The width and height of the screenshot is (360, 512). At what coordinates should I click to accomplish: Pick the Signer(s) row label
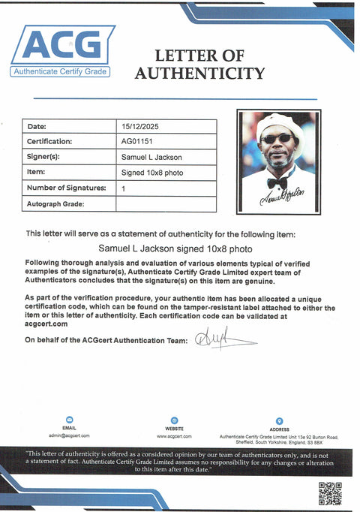[43, 157]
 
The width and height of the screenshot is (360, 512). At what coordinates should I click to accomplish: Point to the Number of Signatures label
[63, 188]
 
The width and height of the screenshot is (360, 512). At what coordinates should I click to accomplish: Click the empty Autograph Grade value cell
[166, 203]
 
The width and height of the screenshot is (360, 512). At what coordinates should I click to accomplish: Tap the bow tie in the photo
[277, 182]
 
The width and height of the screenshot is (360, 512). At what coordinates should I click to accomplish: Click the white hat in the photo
[278, 124]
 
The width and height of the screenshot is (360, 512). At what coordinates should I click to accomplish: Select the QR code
[329, 493]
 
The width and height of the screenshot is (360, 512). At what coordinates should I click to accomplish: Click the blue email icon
[69, 420]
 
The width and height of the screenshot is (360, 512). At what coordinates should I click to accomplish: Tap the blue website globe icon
[174, 420]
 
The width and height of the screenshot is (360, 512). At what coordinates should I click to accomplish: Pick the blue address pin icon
[279, 420]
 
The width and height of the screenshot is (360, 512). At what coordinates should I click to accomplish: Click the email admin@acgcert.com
[69, 435]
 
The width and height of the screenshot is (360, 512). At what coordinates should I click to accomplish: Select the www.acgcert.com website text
[174, 435]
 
